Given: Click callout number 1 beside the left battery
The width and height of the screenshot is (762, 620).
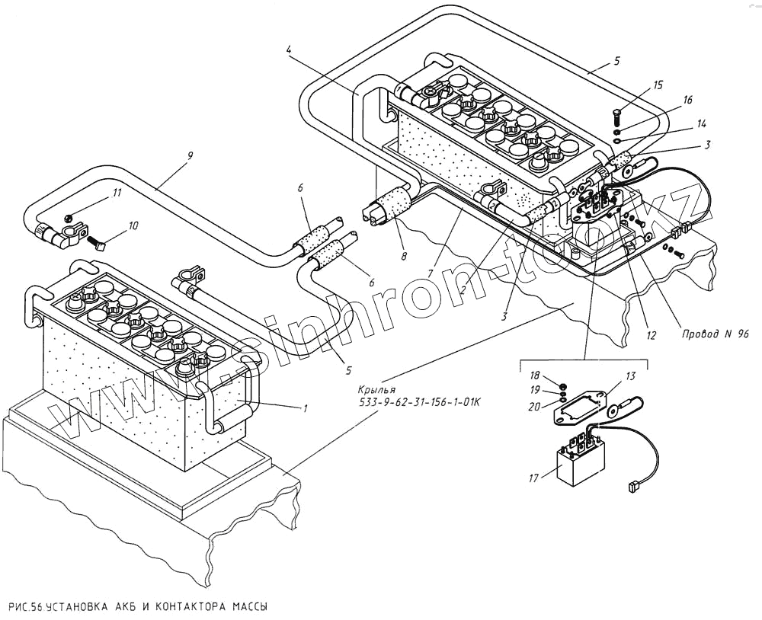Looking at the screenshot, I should click(x=306, y=409).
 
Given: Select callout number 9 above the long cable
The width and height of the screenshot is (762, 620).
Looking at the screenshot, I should click(x=190, y=155).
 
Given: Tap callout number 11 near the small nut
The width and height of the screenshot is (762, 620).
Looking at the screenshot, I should click(x=117, y=193).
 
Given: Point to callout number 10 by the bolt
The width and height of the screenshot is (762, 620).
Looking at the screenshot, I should click(x=133, y=225).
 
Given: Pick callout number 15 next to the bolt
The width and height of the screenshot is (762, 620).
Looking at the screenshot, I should click(x=658, y=84).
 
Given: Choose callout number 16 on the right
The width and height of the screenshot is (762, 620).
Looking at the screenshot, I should click(x=687, y=100).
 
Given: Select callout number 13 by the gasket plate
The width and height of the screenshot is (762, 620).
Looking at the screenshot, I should click(x=630, y=376).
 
